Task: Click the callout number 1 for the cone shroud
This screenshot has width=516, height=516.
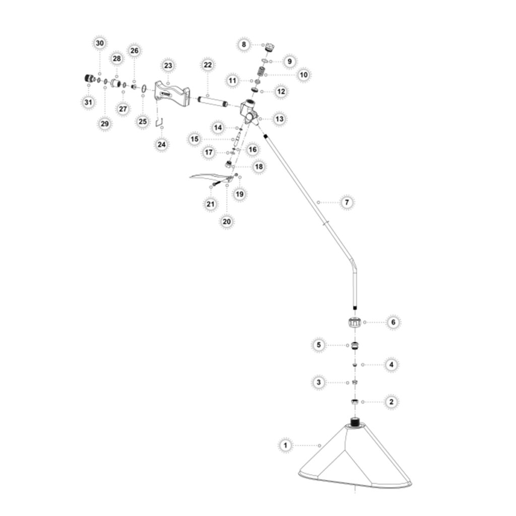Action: coord(285,445)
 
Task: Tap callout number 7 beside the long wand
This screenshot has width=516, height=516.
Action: coord(347,202)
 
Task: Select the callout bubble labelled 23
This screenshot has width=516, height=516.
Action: coord(168,66)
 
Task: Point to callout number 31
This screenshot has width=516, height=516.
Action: coord(88,102)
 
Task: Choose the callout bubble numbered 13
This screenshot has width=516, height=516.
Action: coord(279,119)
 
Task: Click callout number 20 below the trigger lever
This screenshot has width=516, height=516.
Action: coord(227,222)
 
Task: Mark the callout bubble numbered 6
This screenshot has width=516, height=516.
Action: coord(393,322)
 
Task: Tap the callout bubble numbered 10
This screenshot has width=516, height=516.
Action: coord(303,75)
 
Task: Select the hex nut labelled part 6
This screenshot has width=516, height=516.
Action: coord(355,322)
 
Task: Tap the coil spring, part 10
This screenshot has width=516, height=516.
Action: coord(262,71)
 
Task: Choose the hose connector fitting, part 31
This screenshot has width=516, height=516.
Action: coord(89,79)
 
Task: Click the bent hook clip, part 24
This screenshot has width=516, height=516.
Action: coord(159,122)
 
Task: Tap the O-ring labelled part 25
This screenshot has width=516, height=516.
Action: coord(144,88)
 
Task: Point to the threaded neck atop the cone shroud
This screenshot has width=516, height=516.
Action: coord(354,422)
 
